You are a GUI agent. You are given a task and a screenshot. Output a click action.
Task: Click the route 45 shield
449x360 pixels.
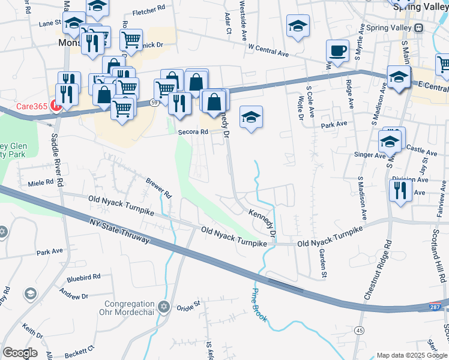359,331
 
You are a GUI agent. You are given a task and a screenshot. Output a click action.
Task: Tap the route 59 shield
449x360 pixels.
154,103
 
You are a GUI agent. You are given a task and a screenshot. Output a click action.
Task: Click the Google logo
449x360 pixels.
20,353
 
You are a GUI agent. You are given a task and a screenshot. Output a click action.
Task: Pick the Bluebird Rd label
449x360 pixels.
83,278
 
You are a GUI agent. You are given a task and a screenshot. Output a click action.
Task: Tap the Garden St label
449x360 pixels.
322,263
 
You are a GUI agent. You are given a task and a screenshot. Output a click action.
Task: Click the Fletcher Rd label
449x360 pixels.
148,11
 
